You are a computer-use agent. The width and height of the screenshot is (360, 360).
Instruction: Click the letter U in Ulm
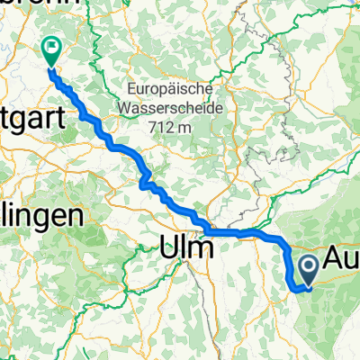[x=170, y=247]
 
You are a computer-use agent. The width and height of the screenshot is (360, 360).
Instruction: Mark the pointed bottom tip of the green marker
[x=50, y=67]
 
